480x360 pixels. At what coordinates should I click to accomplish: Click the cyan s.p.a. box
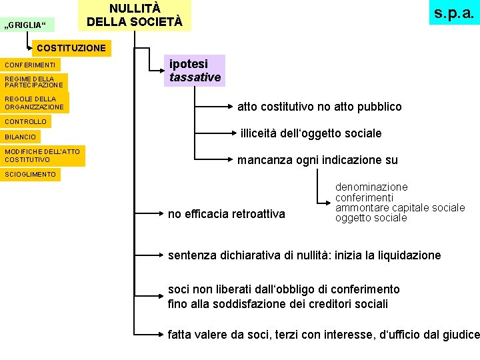[454, 13]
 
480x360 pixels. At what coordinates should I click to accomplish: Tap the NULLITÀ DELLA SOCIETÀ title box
[135, 15]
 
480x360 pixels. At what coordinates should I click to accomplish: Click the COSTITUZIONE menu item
[71, 48]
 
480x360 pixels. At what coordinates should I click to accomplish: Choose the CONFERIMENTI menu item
[30, 65]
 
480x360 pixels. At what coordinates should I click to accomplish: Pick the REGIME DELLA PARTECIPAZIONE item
[34, 82]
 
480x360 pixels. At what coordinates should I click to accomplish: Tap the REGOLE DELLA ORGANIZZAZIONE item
[35, 103]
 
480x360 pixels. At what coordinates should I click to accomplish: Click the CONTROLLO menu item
[26, 121]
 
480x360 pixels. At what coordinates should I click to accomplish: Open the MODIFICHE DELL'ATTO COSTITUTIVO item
[42, 155]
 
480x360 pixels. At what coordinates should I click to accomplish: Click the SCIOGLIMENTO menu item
[31, 174]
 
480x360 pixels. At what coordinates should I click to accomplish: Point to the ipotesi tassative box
[195, 70]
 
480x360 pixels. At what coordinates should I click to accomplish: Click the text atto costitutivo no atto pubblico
[319, 107]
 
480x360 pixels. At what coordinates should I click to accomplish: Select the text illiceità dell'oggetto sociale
[311, 133]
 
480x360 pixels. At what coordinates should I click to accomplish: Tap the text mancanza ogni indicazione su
[317, 160]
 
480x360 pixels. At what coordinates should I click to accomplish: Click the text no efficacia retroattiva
[226, 214]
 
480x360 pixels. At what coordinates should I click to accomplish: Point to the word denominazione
[371, 187]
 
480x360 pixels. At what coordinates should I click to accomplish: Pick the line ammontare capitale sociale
[400, 207]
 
